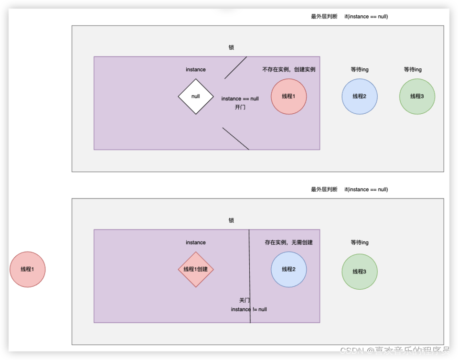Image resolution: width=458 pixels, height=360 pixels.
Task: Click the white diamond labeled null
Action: (195, 96)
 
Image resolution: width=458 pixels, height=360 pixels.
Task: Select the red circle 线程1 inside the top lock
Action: (288, 96)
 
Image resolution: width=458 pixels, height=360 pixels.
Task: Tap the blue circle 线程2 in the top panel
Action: (360, 96)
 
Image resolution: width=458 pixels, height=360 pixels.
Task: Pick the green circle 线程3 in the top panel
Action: (417, 96)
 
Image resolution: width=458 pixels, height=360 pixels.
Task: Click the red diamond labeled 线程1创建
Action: (196, 269)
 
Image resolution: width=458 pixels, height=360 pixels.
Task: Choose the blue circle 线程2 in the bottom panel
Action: (288, 269)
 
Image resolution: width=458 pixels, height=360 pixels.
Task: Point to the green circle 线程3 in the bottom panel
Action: (360, 272)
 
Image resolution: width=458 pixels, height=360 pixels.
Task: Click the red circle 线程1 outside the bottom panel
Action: (28, 269)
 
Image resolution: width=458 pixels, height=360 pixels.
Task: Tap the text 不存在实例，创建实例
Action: (288, 69)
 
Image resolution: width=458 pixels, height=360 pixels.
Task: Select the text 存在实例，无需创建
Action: (288, 242)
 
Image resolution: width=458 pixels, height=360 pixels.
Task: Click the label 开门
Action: (240, 107)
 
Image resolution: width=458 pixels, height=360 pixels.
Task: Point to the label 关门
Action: (245, 300)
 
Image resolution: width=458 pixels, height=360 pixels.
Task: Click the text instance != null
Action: (249, 309)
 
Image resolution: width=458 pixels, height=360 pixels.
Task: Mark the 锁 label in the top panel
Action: (231, 47)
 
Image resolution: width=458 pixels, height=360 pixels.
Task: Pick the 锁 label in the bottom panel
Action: (231, 220)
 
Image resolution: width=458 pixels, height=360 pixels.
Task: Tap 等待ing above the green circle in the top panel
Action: (413, 69)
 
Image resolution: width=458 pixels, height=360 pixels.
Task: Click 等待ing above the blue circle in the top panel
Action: (360, 69)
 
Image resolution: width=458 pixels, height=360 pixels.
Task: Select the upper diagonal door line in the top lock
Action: (235, 68)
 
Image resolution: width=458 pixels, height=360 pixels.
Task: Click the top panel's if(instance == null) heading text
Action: (366, 16)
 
